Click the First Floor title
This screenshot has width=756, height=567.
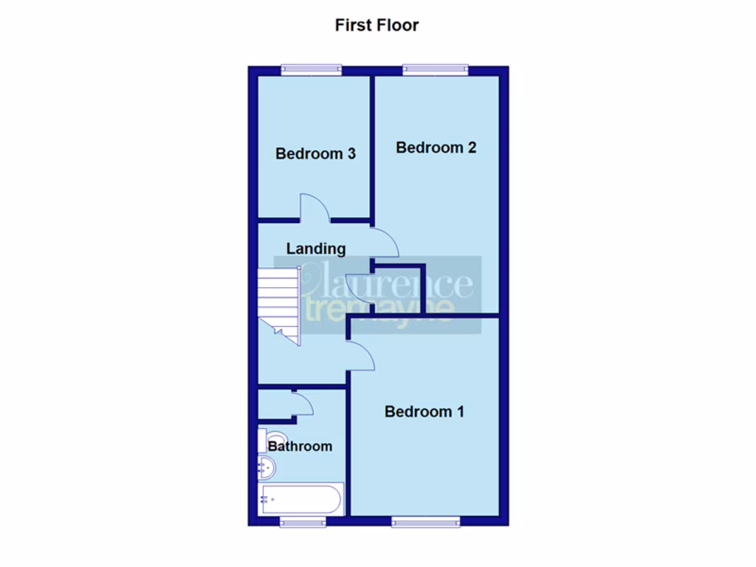click(377, 25)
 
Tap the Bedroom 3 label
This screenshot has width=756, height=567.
click(315, 154)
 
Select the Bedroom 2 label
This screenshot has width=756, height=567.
click(436, 147)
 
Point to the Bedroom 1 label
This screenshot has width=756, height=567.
click(424, 411)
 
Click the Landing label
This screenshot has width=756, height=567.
click(315, 248)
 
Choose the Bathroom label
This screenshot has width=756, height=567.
click(300, 446)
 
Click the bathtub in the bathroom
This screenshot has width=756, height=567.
click(300, 499)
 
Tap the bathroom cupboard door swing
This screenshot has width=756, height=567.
click(302, 402)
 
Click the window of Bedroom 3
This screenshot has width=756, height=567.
click(311, 70)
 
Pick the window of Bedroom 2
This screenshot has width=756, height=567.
click(435, 70)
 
